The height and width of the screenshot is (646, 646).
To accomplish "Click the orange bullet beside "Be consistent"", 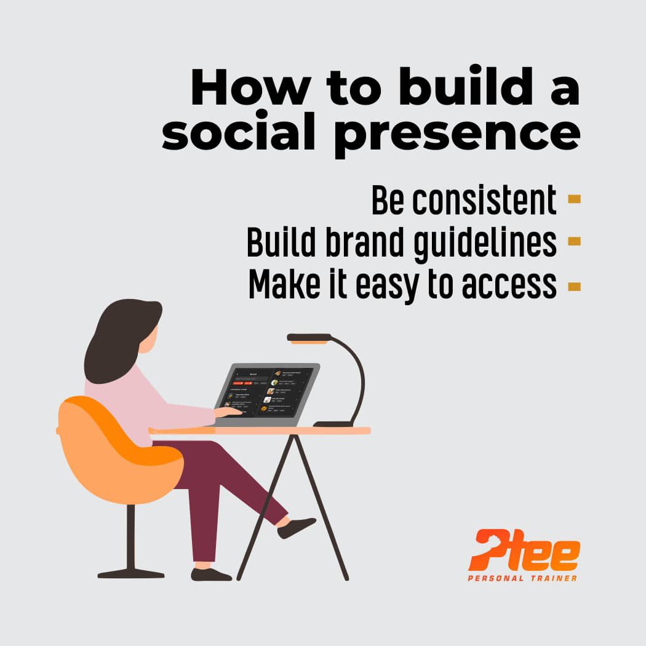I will point(574,199).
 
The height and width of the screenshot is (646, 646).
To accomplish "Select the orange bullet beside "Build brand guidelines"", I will point(574,241).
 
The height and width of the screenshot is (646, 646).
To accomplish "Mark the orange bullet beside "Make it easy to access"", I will point(574,285).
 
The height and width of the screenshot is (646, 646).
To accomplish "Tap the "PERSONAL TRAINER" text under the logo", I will point(522,578).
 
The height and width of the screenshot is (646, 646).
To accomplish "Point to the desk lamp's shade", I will point(309,337).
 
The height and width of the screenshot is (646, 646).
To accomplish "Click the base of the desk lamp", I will point(333,423).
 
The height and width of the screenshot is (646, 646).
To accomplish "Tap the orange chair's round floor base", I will point(131,574).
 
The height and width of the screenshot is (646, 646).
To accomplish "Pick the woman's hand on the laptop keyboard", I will point(228,411).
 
